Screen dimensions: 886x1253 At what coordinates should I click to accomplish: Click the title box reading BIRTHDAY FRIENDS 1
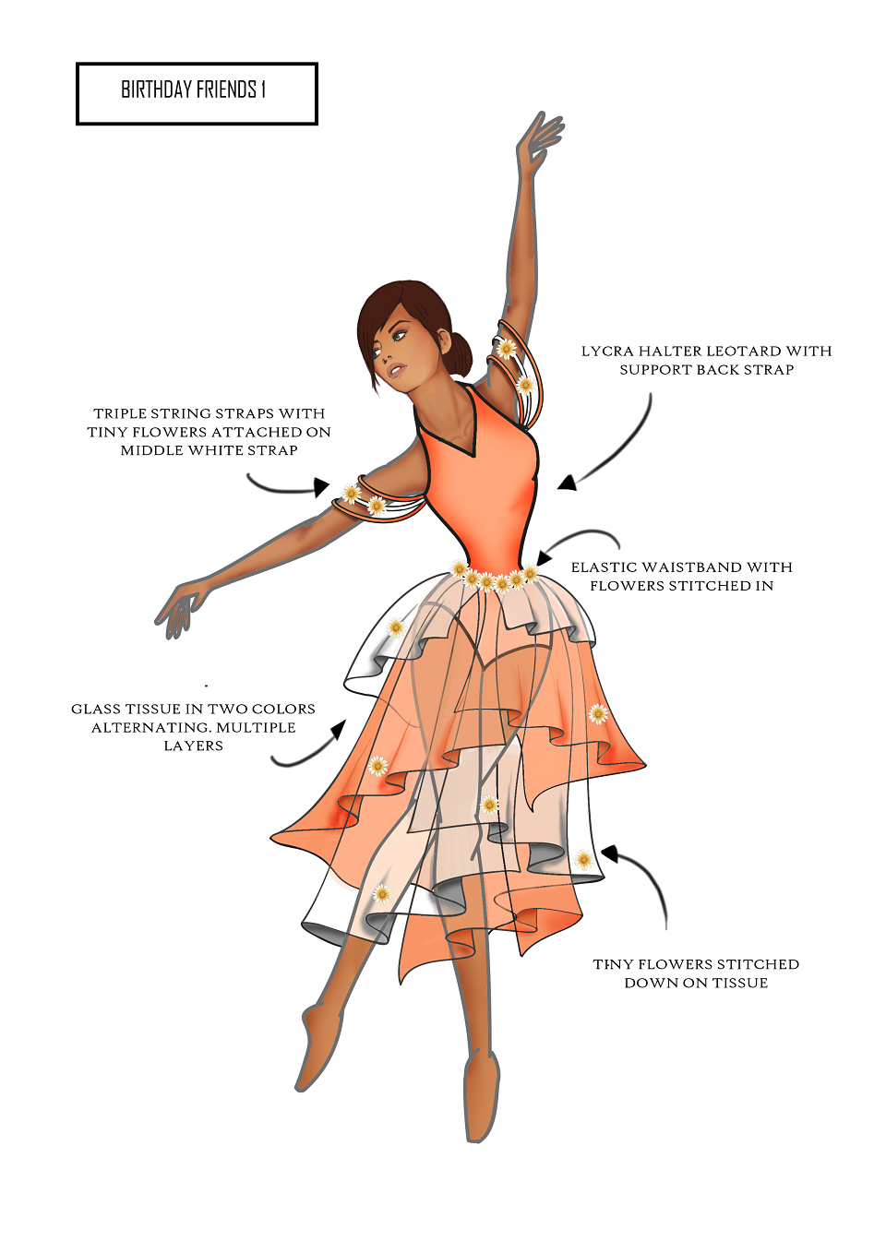tap(197, 93)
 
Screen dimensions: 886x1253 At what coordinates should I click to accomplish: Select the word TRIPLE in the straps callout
tap(121, 413)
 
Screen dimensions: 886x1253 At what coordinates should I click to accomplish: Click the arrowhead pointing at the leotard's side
tap(568, 483)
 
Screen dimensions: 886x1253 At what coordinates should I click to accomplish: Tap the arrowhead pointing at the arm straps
tap(321, 487)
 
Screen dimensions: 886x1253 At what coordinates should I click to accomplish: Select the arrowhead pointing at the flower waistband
tap(544, 557)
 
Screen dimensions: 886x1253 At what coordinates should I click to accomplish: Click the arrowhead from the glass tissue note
tap(339, 729)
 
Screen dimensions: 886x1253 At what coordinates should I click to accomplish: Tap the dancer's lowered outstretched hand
tap(180, 609)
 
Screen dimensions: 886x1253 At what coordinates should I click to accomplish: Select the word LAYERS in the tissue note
tap(194, 746)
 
